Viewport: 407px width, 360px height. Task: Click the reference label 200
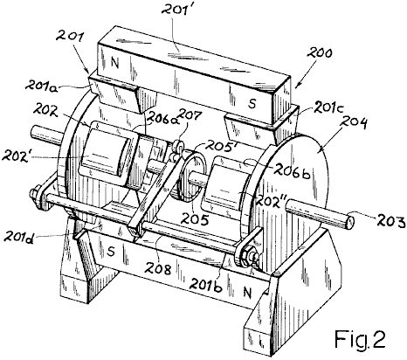pos(320,54)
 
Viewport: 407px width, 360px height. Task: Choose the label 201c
pos(328,108)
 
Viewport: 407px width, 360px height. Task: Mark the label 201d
pos(19,235)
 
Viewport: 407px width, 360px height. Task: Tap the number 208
pos(159,269)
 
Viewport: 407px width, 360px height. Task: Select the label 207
pos(190,116)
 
